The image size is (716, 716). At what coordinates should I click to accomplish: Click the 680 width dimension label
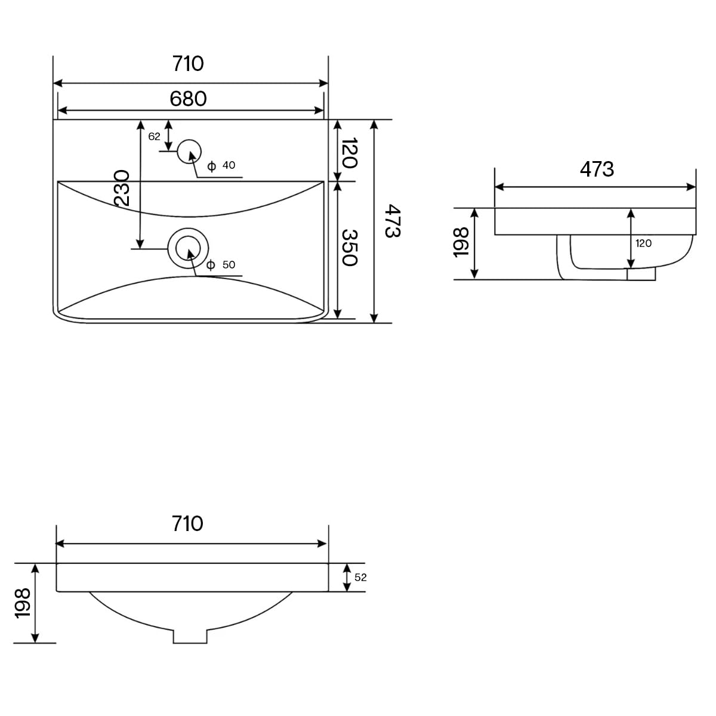188,99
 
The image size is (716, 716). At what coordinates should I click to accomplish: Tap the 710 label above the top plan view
188,64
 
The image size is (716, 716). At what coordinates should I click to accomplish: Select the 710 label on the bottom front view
187,523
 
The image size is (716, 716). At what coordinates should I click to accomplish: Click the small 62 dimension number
154,137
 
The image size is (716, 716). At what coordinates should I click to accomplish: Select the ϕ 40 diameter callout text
221,165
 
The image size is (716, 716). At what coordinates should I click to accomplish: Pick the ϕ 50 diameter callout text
221,264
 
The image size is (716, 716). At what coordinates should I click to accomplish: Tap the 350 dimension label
349,248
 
